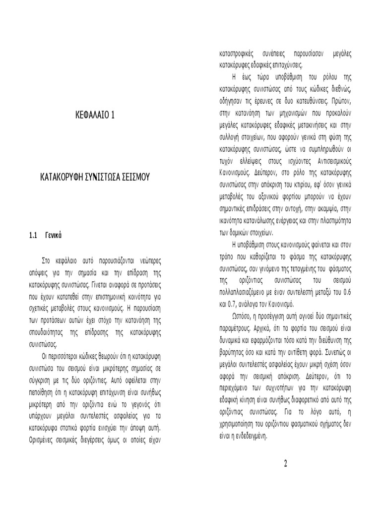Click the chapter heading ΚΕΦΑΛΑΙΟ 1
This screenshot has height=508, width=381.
[94, 116]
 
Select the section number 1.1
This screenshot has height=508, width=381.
[34, 235]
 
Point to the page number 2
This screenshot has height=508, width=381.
[286, 464]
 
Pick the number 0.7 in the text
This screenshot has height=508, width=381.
[233, 302]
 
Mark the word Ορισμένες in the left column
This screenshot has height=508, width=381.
[43, 441]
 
